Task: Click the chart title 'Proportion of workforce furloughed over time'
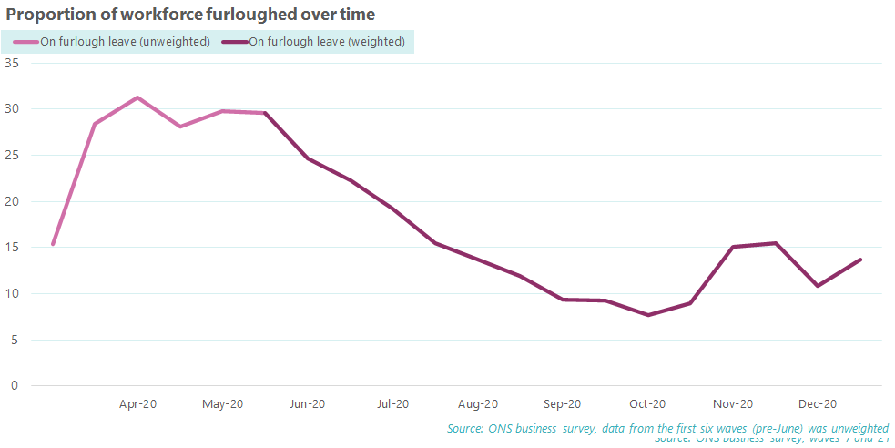[190, 15]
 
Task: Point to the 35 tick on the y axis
[12, 63]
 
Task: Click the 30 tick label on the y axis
[12, 109]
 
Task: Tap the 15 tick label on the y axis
[12, 248]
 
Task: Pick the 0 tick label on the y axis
[15, 386]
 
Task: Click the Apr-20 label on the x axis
[137, 404]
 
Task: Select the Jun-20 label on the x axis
[307, 404]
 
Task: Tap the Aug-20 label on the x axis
[477, 404]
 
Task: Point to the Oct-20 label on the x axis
[647, 404]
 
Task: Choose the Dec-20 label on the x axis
[818, 404]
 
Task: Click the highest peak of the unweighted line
[137, 97]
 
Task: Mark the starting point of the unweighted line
[53, 244]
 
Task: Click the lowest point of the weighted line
[647, 315]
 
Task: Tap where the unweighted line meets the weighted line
[264, 113]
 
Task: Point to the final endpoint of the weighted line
[860, 260]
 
